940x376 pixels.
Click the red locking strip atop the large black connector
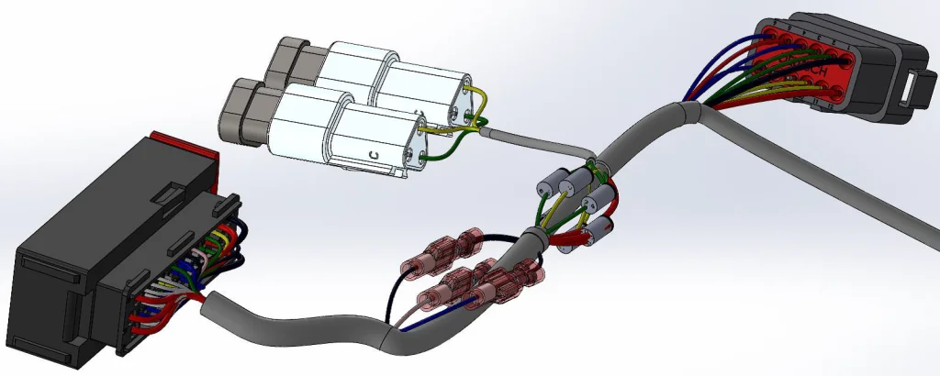pyautogui.click(x=184, y=144)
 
